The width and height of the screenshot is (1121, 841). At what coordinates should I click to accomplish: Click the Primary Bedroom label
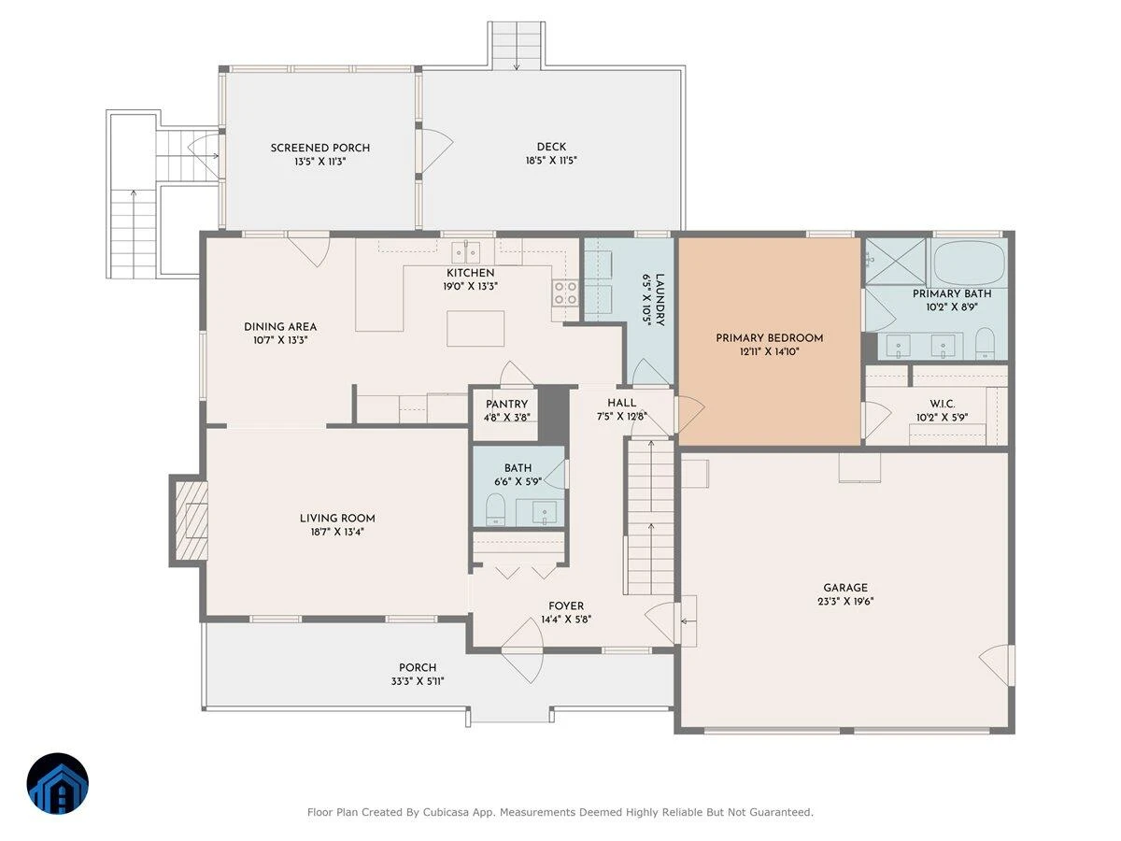coord(769,338)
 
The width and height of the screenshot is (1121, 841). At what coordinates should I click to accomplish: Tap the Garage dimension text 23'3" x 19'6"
coord(845,602)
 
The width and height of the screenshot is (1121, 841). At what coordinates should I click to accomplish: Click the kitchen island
coord(475,328)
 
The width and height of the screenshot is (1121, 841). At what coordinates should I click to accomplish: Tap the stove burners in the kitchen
coord(565,293)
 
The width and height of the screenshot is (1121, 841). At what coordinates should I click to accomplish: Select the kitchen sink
coord(466,252)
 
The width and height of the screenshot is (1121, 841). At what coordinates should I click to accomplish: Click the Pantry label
coord(506,405)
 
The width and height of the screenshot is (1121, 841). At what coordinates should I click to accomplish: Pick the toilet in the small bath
coord(495,509)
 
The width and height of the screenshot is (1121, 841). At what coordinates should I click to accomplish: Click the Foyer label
coord(566,606)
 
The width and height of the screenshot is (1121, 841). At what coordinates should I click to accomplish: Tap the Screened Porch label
coord(320,148)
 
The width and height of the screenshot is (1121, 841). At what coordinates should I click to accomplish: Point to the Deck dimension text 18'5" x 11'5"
coord(551,161)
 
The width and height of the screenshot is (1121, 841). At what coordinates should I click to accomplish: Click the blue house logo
coord(58,783)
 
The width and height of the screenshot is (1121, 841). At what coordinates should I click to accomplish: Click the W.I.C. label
coord(942,405)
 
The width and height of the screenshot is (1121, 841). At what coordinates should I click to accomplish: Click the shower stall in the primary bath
coord(895,261)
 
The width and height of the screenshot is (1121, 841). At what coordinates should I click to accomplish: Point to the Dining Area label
coord(280,327)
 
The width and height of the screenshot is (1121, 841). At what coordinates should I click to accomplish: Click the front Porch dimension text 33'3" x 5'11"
coord(418,681)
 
